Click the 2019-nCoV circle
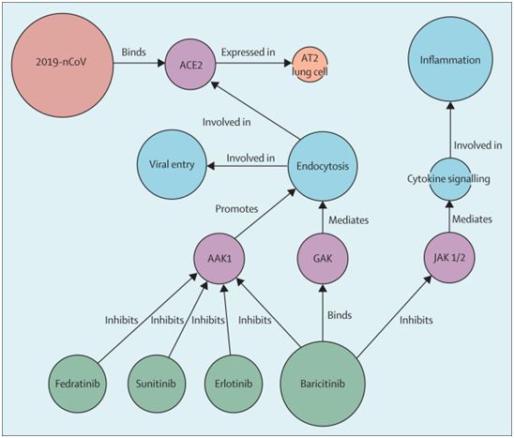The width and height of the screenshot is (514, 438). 62,65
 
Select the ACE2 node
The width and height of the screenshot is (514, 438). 190,65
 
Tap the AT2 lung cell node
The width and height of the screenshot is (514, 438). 310,65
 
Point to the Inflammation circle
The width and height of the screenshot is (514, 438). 450,59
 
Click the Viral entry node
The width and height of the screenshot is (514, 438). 172,164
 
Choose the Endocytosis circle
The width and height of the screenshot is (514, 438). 323,166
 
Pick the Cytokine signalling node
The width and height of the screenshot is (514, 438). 450,179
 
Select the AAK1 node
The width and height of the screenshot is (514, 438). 219,258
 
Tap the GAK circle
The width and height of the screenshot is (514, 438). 323,258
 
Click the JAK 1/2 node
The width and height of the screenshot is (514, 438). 449,258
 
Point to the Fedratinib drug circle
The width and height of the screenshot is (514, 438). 77,384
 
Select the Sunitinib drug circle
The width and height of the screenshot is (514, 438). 156,384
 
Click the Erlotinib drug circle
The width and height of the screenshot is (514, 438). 234,384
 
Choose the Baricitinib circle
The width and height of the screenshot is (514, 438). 323,384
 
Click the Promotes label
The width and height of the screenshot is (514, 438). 236,209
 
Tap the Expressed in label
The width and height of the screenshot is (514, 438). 249,53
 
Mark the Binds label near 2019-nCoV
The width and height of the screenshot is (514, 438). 134,53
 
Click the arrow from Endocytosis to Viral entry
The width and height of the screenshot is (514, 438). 248,166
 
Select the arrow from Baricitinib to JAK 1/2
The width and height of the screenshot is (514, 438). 394,316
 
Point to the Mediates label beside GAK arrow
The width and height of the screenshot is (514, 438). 349,220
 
